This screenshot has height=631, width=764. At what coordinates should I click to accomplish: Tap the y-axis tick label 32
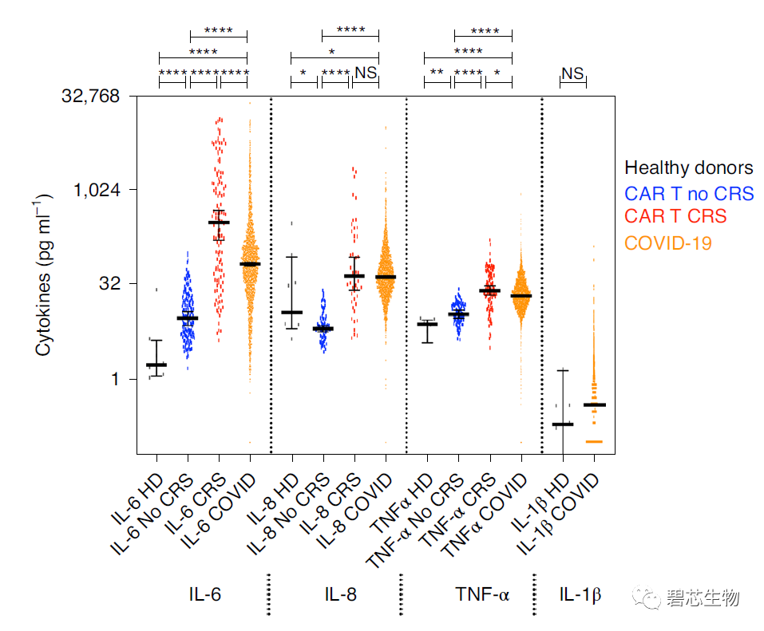coord(108,284)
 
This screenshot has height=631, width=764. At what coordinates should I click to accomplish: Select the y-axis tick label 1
coord(114,379)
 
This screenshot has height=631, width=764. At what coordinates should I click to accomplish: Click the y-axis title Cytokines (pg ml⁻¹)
coord(45,274)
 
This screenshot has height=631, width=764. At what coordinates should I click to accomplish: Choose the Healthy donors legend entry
coord(688,168)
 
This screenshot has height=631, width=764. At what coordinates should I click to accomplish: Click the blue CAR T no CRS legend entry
coord(688,193)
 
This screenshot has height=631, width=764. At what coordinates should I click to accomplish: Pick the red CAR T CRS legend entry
coord(675,216)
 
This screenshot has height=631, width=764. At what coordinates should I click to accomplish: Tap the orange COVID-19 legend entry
coord(667,243)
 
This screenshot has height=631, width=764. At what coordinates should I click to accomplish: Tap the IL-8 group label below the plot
coord(341,595)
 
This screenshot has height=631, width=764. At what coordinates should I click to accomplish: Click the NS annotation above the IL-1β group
coord(572,73)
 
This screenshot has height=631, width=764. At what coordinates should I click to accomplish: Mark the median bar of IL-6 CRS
coord(219,223)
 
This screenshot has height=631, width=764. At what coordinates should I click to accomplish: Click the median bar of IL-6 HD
coord(156,365)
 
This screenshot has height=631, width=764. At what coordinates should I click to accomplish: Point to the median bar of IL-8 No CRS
coord(323,329)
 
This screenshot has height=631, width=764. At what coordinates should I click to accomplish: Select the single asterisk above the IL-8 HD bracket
coord(303,74)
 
